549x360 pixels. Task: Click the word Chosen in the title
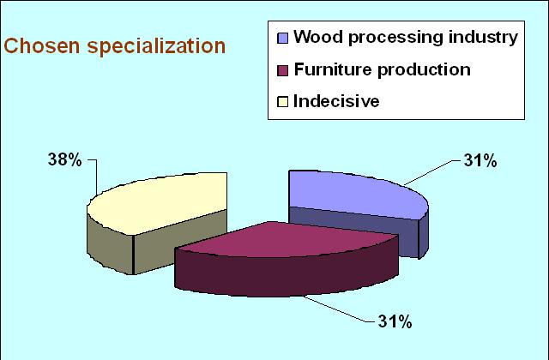(x=42, y=45)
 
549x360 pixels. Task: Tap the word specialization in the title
(x=156, y=47)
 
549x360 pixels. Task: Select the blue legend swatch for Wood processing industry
(x=282, y=38)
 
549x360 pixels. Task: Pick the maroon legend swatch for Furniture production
(x=282, y=70)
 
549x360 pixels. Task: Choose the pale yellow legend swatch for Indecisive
(x=282, y=102)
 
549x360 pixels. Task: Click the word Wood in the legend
(x=318, y=37)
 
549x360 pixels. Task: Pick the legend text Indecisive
(x=336, y=101)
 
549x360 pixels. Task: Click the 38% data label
(x=65, y=160)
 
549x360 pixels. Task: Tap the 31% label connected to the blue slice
(x=480, y=161)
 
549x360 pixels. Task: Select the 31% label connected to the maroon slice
(x=395, y=321)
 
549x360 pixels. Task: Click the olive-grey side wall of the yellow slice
(x=154, y=245)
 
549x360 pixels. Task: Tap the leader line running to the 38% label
(x=96, y=177)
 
